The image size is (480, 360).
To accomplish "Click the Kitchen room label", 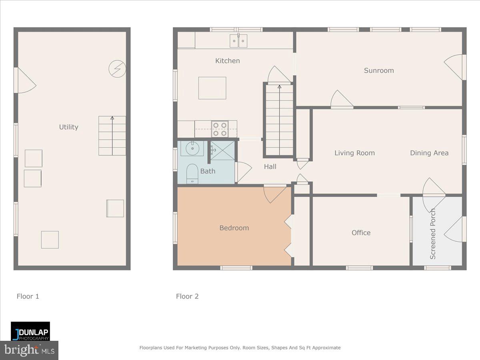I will (x=227, y=61).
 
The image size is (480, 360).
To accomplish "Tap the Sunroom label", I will (x=378, y=70).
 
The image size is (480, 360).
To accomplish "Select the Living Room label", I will (x=354, y=153).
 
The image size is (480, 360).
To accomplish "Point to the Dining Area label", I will (x=429, y=153).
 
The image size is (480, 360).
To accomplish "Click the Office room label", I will (x=361, y=233).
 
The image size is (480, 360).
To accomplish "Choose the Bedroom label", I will (x=234, y=228).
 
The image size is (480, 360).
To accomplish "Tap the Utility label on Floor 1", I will (x=68, y=127).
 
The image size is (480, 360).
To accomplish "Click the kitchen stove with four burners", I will (x=220, y=129).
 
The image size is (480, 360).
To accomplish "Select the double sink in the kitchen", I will (x=238, y=40).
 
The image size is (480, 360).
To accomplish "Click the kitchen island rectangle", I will (x=212, y=88).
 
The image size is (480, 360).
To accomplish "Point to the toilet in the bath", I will (x=192, y=173).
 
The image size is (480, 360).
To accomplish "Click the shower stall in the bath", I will (x=222, y=150).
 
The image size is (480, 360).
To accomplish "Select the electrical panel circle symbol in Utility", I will (x=117, y=69).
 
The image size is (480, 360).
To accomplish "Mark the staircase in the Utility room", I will (x=112, y=136).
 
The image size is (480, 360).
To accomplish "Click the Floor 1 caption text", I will (x=28, y=296).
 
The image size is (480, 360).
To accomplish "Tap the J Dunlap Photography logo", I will (x=30, y=331).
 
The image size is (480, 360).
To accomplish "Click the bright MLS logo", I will (x=29, y=350).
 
